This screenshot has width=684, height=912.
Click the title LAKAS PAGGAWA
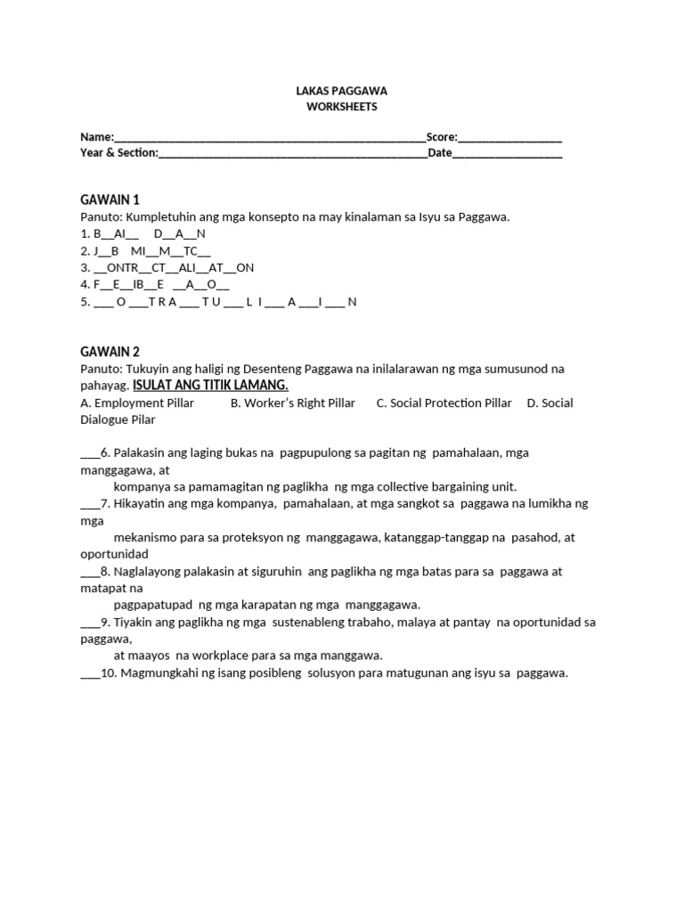pos(341,91)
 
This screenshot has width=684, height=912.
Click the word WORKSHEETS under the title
pos(341,107)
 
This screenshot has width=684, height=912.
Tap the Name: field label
pos(97,137)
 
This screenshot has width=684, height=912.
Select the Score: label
pos(442,137)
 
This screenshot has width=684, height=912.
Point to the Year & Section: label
pos(119,153)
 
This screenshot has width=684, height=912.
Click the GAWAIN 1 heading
pos(110,199)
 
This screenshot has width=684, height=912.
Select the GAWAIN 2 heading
pos(110,352)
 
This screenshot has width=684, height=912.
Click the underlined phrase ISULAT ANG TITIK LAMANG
pos(210,385)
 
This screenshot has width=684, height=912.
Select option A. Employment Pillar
pos(137,403)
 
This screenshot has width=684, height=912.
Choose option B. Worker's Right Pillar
pos(292,403)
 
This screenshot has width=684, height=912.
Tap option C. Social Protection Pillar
pos(444,403)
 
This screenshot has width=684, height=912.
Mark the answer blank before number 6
pos(89,453)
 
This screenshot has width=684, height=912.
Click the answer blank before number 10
pos(89,673)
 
